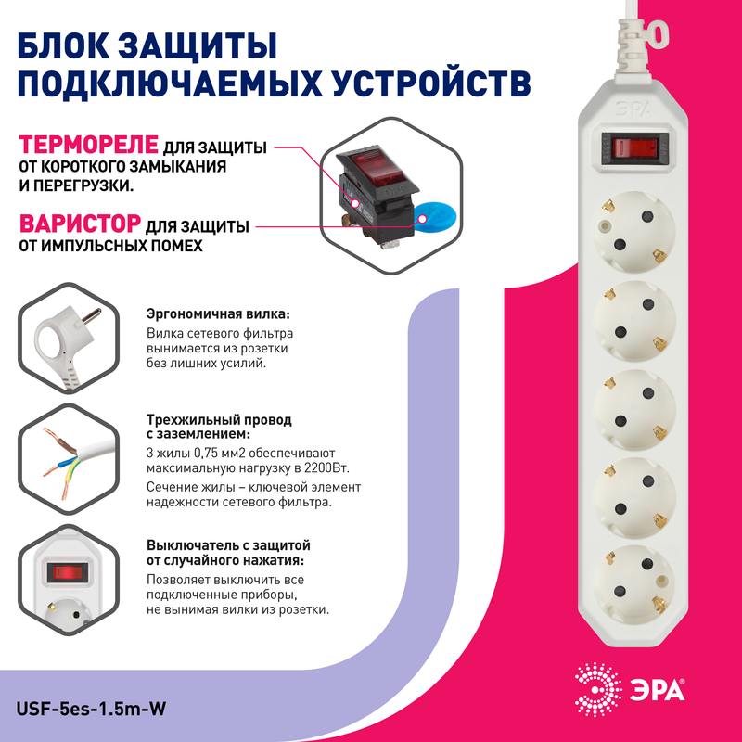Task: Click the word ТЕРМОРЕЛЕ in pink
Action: (89, 147)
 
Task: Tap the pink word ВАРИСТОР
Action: (81, 224)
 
